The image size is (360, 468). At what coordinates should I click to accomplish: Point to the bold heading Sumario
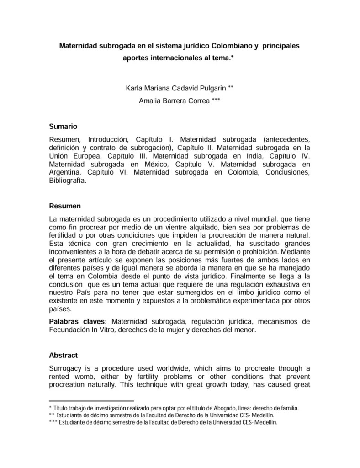point(63,127)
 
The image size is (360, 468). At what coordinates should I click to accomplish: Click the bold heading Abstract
point(63,355)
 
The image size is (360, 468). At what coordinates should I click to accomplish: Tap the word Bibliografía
point(67,180)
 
